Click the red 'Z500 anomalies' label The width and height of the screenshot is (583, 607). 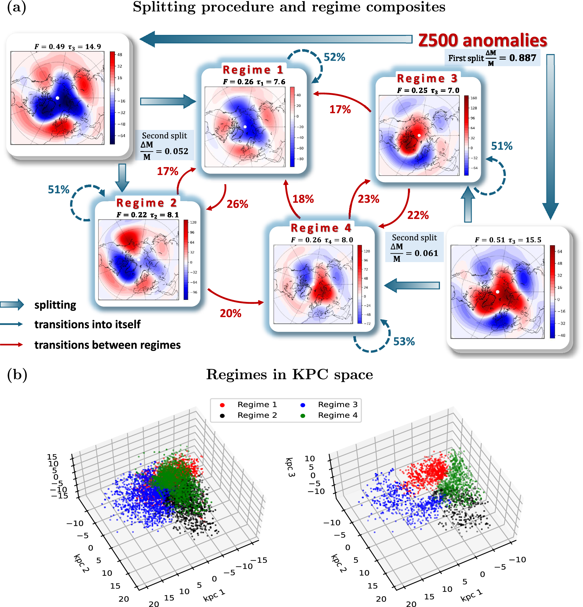tap(482, 40)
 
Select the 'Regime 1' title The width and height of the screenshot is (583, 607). tap(253, 70)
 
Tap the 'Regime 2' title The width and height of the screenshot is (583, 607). tap(146, 203)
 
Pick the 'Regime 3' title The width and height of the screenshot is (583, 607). tap(427, 78)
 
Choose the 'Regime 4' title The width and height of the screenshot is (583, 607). tap(320, 228)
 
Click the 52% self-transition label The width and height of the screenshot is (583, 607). tap(334, 57)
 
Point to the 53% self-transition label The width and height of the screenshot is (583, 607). tap(404, 341)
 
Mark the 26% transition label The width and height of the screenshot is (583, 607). tap(237, 204)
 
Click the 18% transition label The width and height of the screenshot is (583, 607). tap(303, 199)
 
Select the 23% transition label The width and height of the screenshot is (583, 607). tap(368, 199)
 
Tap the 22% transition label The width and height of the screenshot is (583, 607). tap(418, 215)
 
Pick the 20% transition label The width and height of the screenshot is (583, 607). tap(230, 313)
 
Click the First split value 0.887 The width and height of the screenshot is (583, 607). tap(522, 58)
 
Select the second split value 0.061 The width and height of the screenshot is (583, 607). tap(426, 253)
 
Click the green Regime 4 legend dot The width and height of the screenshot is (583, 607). tap(302, 416)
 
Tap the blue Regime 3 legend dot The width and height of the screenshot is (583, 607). tap(302, 405)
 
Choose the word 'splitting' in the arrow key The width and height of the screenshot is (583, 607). tap(55, 305)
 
